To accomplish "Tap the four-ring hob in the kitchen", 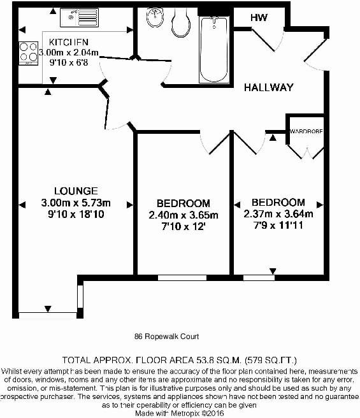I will pyautogui.click(x=29, y=53).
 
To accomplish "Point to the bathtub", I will pyautogui.click(x=212, y=48).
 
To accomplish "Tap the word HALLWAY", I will pyautogui.click(x=269, y=88).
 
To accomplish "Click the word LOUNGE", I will pyautogui.click(x=76, y=191).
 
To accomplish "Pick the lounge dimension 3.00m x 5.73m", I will pyautogui.click(x=76, y=203).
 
